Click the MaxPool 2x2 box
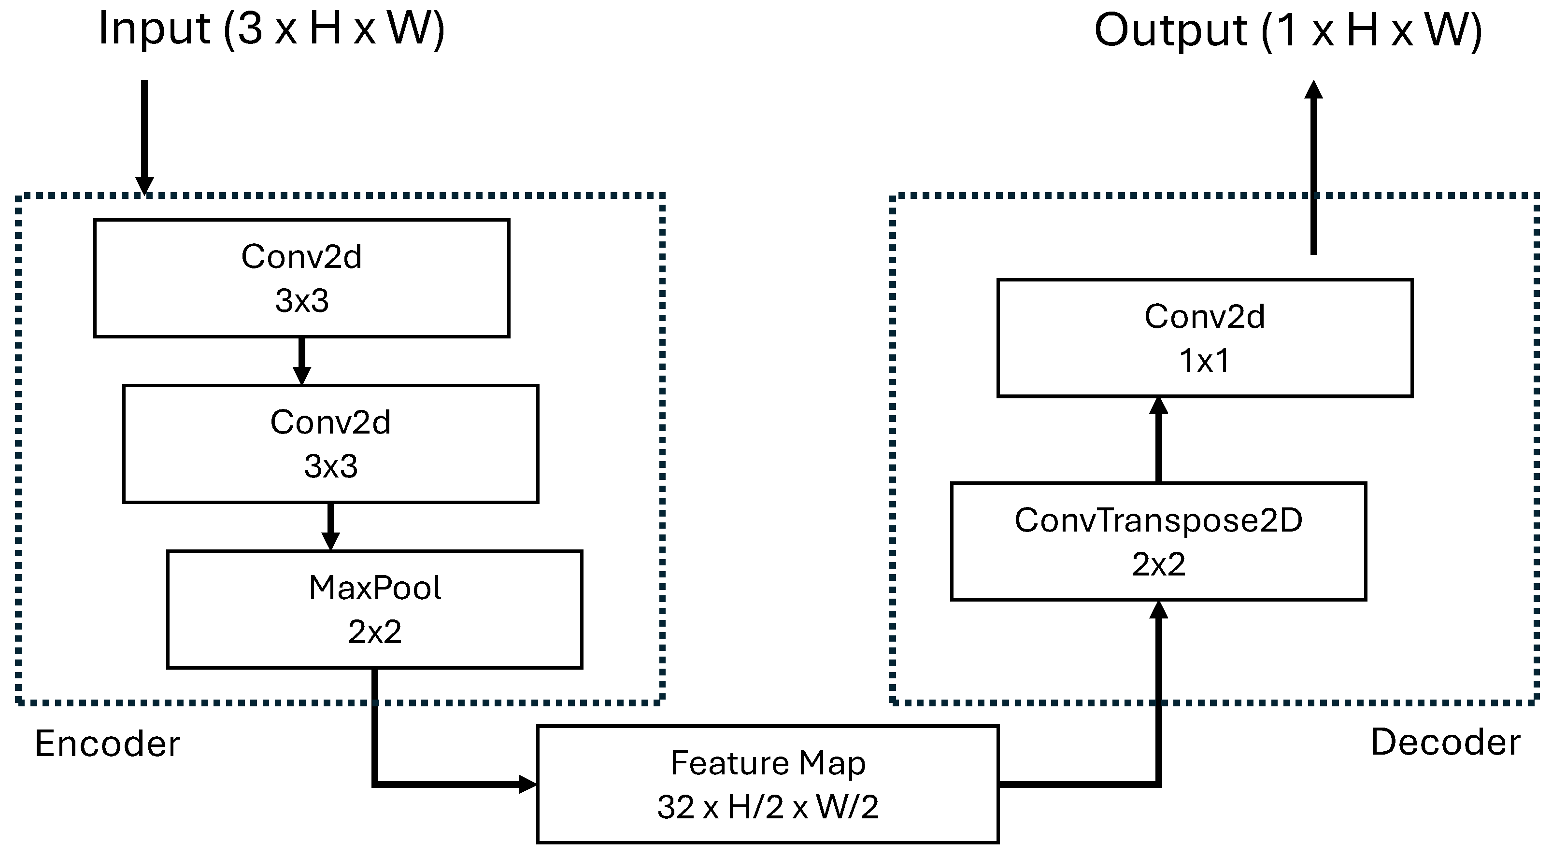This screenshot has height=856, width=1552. pos(374,609)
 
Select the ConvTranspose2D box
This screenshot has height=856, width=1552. pos(1158,541)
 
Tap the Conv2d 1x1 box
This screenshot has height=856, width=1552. pos(1204,337)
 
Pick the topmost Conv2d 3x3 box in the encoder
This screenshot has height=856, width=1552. pos(301,278)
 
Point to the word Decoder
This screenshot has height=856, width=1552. pos(1445,742)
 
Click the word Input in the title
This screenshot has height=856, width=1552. pos(154,28)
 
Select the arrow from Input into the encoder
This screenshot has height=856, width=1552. pos(144,136)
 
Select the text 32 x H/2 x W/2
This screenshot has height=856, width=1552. pos(768,807)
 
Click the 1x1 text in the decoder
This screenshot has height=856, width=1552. pos(1204,360)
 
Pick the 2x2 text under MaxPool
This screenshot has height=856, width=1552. pos(374,632)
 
